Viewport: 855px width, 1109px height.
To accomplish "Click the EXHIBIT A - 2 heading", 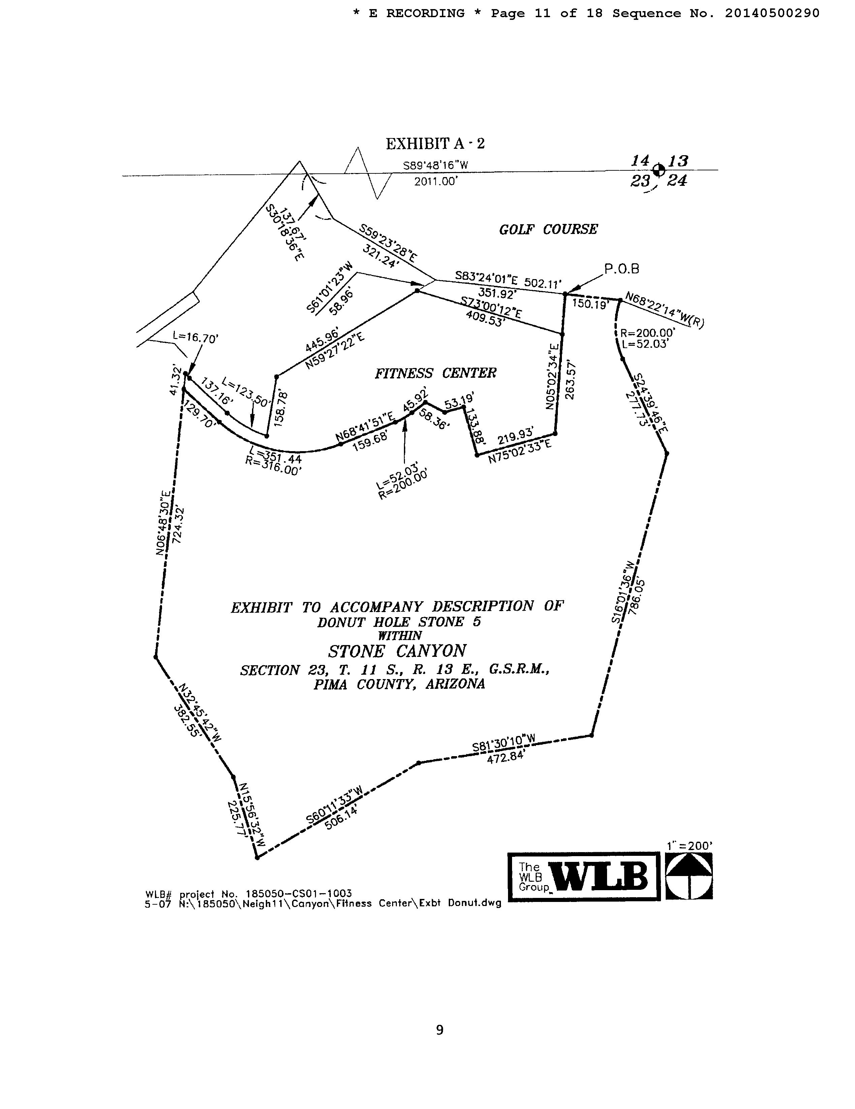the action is click(435, 144).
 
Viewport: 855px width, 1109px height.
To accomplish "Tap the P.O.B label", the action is click(621, 269).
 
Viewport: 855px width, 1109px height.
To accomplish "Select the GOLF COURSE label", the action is click(548, 230).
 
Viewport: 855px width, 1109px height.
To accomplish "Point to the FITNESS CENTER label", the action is click(435, 373).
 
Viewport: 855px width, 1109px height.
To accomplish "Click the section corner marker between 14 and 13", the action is click(659, 170).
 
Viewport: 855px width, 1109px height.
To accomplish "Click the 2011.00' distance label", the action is click(435, 182).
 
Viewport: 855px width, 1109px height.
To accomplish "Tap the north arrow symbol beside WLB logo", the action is click(689, 876).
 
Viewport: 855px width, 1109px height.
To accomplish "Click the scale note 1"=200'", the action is click(689, 845).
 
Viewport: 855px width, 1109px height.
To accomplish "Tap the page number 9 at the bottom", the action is click(439, 1030).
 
